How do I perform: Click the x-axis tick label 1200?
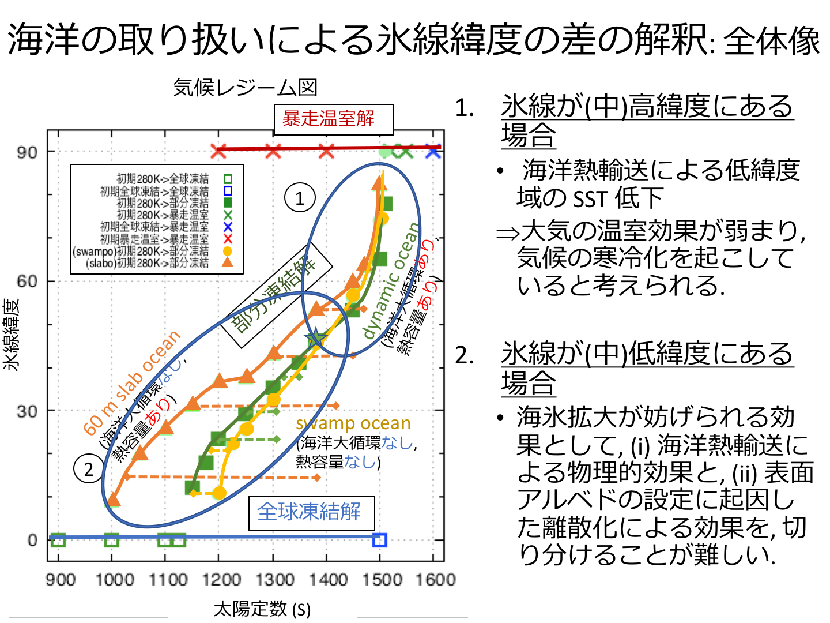tap(220, 579)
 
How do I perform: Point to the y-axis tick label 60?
tap(27, 282)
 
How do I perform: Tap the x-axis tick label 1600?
tap(435, 579)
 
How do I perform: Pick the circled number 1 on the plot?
tap(300, 198)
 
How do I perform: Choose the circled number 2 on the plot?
tap(88, 469)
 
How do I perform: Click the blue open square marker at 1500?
tap(379, 540)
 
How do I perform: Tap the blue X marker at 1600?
tap(433, 151)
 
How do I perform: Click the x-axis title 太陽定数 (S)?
tap(262, 609)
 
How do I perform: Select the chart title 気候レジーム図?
tap(246, 88)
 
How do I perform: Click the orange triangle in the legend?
tap(228, 262)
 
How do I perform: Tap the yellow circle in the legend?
tap(228, 251)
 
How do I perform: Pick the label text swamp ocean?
tap(353, 423)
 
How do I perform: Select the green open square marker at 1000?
tap(112, 540)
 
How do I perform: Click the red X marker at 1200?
tap(218, 151)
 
